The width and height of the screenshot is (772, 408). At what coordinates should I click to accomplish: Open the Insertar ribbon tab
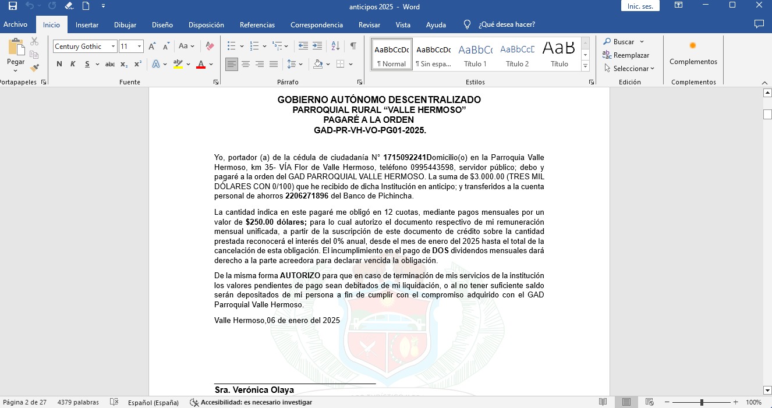click(87, 25)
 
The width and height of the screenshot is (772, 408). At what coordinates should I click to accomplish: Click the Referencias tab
click(257, 25)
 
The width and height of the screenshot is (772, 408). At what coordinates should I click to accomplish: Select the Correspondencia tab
click(317, 25)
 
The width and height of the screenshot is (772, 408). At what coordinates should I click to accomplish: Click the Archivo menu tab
click(16, 25)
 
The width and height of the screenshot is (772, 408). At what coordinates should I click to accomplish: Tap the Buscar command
click(623, 42)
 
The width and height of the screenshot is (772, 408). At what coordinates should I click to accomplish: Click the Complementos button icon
click(693, 46)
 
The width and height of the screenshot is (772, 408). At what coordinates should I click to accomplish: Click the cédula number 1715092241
click(405, 158)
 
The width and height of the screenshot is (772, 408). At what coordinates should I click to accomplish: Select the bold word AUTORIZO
click(300, 276)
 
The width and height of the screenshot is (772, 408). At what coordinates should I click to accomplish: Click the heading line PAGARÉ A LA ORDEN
click(369, 120)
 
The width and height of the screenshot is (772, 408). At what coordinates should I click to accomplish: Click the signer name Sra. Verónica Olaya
click(254, 390)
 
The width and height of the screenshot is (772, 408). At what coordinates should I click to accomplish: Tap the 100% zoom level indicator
click(753, 402)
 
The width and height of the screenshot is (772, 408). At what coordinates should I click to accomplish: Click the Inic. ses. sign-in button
click(640, 6)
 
